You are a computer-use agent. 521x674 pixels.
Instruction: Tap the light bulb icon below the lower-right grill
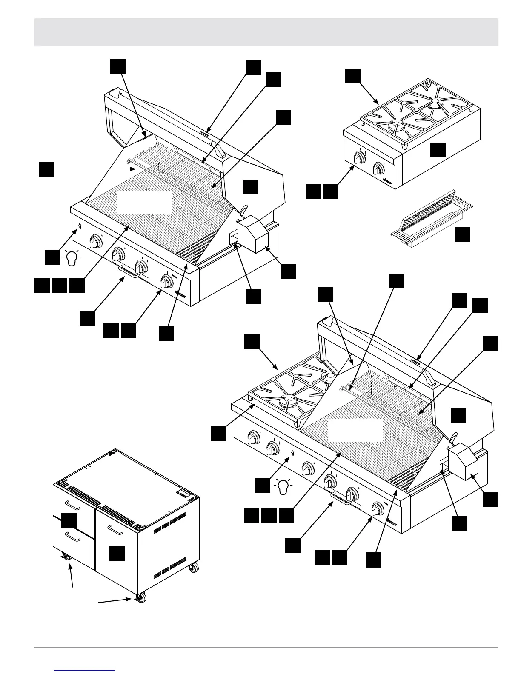click(x=283, y=486)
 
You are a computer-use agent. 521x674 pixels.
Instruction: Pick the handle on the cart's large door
click(x=115, y=529)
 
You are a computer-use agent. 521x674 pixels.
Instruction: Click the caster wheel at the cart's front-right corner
click(x=141, y=598)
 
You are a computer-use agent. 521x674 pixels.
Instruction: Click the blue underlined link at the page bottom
click(x=85, y=670)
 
